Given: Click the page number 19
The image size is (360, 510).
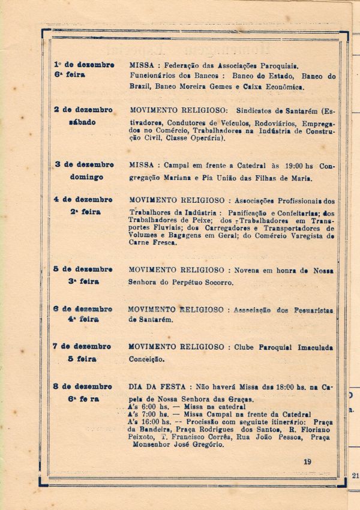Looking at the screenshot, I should coord(307,461).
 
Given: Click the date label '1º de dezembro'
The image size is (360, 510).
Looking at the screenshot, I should coord(83,64).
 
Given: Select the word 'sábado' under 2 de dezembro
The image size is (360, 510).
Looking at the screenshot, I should coord(82,122).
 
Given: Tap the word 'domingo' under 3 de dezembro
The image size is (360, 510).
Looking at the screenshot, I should coord(86,177).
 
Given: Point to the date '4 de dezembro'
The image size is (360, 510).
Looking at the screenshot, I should coord(83,199).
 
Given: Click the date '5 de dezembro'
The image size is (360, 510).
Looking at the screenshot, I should coord(83,269).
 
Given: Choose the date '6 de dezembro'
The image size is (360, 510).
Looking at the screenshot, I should coord(83,308).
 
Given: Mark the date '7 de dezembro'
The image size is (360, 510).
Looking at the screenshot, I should coord(83,346).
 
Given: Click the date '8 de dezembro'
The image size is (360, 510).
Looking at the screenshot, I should coord(83,386).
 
